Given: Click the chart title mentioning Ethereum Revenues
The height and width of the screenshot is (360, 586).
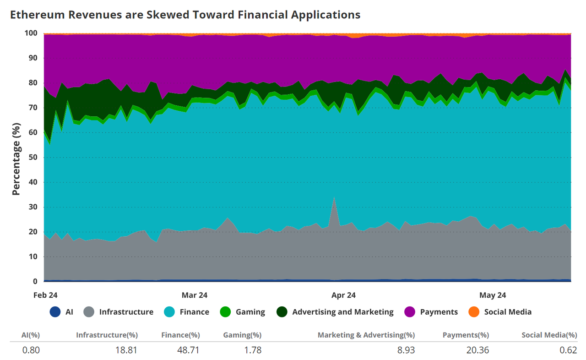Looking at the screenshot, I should pyautogui.click(x=185, y=15).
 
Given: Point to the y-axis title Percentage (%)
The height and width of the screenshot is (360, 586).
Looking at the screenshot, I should pyautogui.click(x=16, y=159).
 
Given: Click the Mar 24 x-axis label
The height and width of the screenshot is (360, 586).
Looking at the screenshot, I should pyautogui.click(x=195, y=295).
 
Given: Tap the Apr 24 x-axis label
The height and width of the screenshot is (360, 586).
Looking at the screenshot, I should pyautogui.click(x=343, y=295).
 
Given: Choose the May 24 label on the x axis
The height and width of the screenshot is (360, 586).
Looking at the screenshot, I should pyautogui.click(x=493, y=295).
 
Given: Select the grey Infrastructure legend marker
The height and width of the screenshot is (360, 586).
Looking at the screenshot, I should pyautogui.click(x=90, y=312).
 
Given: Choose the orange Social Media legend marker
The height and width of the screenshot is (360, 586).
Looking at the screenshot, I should pyautogui.click(x=474, y=312).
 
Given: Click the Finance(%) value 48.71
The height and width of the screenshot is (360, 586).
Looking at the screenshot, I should pyautogui.click(x=188, y=350).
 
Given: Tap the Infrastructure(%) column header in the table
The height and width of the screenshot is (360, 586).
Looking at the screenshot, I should pyautogui.click(x=107, y=335).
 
